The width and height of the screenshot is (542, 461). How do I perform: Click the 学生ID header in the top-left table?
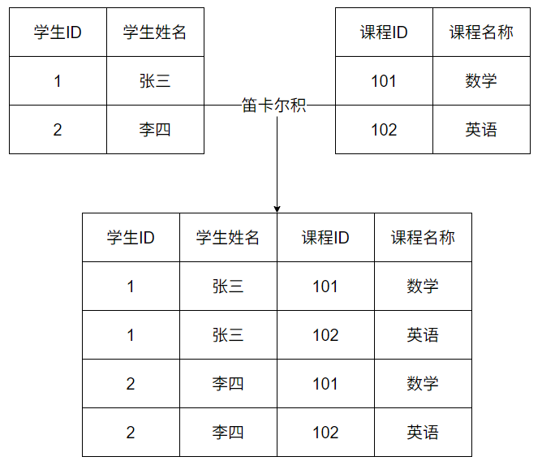click(x=58, y=32)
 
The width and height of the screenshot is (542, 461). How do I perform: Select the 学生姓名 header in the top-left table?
click(x=155, y=32)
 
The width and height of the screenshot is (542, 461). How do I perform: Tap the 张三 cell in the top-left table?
click(x=155, y=81)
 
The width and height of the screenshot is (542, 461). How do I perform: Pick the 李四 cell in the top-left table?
click(x=155, y=130)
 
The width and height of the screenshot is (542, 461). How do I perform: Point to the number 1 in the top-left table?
click(x=58, y=81)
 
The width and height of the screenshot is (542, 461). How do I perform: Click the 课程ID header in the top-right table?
click(x=384, y=32)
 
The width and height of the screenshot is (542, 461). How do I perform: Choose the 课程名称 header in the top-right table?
click(x=481, y=32)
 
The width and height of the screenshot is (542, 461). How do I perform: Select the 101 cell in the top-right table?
click(x=384, y=81)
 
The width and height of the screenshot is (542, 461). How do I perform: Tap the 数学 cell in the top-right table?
click(x=481, y=81)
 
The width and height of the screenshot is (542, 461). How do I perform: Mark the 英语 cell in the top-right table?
click(x=481, y=130)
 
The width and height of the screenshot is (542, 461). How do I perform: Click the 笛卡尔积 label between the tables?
click(x=274, y=106)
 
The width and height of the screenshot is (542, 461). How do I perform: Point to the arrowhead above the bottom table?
click(x=277, y=209)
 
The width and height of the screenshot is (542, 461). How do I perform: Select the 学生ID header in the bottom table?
click(x=131, y=238)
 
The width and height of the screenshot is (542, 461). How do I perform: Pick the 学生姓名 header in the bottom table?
click(x=228, y=238)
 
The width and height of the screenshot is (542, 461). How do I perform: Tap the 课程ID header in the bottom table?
click(x=325, y=238)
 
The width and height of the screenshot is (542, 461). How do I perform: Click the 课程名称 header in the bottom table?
click(x=423, y=238)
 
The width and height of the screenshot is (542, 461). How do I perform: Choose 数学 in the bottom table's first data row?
click(x=423, y=287)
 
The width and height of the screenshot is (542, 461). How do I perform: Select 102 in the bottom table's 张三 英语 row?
click(x=325, y=335)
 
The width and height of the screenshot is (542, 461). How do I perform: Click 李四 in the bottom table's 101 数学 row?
click(x=228, y=384)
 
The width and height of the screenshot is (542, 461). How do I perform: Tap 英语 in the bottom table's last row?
click(x=423, y=433)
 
